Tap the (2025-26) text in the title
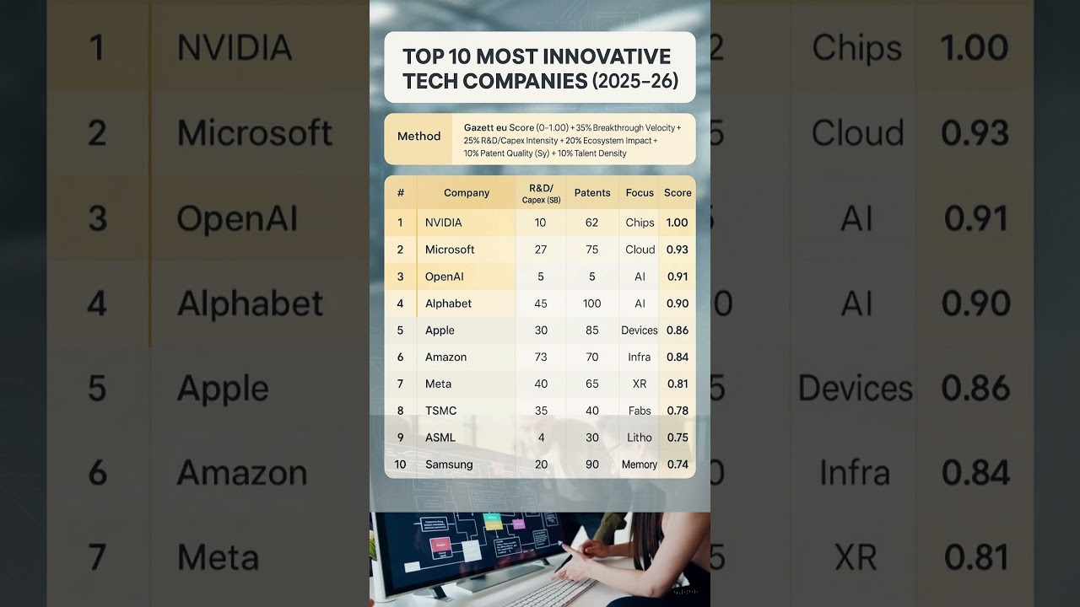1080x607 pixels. [x=634, y=81]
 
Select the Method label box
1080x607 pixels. [x=418, y=137]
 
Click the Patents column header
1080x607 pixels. [x=592, y=193]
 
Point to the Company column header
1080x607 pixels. [x=467, y=193]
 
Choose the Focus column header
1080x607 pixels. [x=640, y=193]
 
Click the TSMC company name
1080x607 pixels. [x=440, y=411]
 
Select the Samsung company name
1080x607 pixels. [x=449, y=465]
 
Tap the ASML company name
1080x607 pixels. [x=440, y=438]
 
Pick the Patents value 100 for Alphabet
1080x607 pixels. [x=592, y=303]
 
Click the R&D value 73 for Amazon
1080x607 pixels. [x=541, y=357]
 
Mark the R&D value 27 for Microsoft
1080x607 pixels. [x=541, y=250]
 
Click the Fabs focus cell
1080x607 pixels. [x=640, y=411]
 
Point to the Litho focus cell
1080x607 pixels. [x=640, y=438]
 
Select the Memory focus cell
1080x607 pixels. [x=640, y=465]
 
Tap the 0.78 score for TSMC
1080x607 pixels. [x=678, y=411]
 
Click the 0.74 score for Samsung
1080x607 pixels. [x=678, y=465]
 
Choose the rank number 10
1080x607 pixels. [x=400, y=465]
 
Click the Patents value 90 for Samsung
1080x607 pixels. [x=592, y=465]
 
